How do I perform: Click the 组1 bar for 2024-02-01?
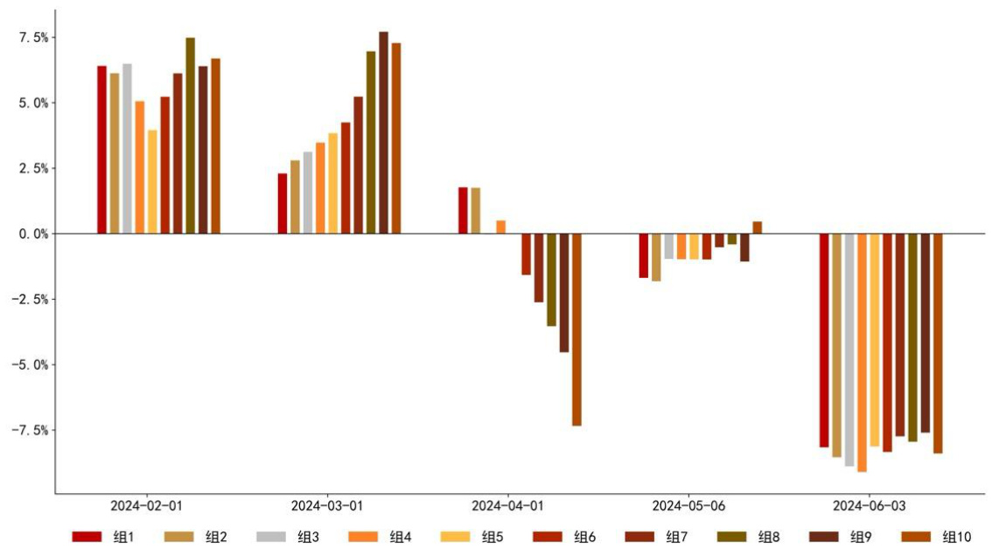101,149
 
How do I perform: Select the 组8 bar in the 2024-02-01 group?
190,136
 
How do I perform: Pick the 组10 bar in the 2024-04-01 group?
576,330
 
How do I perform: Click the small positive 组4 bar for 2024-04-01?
501,227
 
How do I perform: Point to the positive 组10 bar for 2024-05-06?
758,228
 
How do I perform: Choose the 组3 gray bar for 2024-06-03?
849,350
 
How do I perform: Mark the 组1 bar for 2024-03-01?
283,204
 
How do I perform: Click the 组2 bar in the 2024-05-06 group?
656,257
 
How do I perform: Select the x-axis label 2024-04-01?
507,505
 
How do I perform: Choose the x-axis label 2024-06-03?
869,505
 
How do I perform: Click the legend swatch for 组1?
87,537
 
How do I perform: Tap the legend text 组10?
957,537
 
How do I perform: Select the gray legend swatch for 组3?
271,537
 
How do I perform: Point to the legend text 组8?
769,537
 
